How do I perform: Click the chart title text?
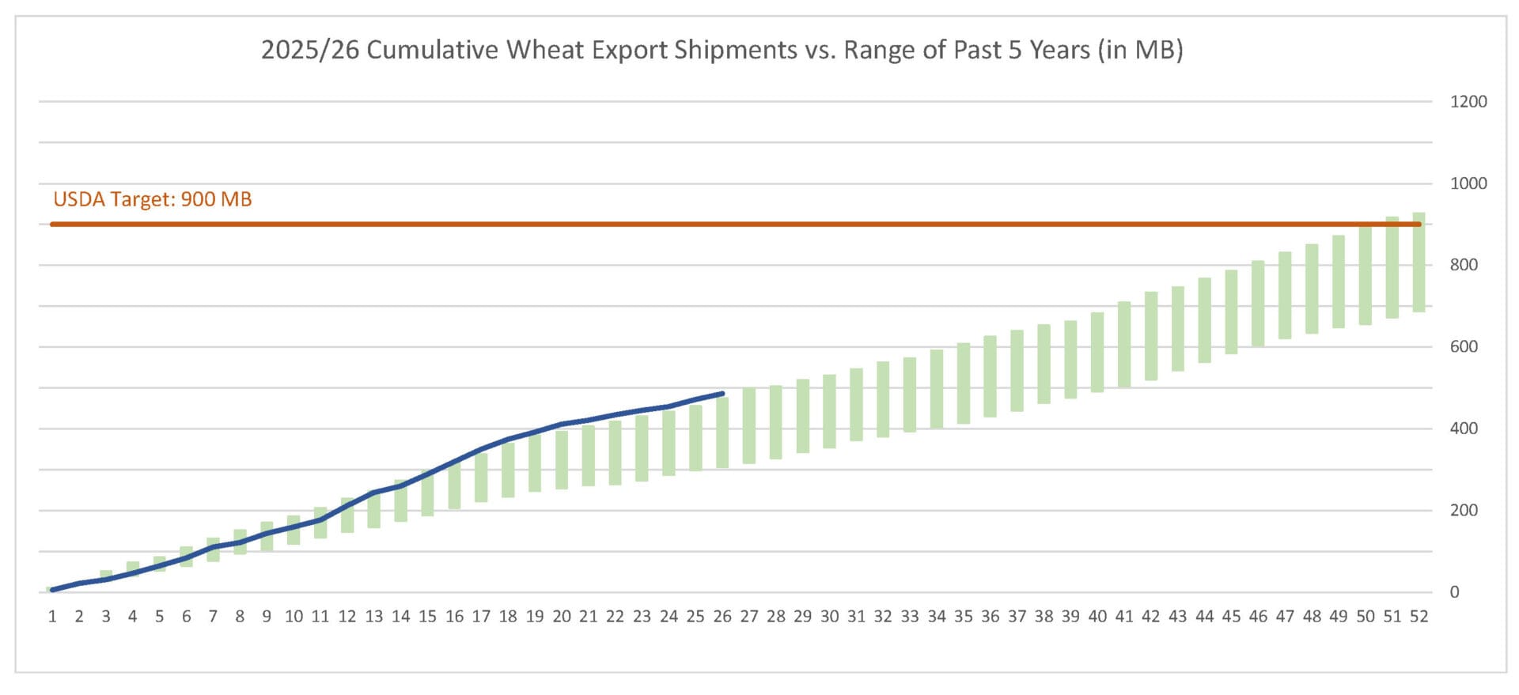[x=722, y=50]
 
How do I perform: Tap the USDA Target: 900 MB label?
[x=153, y=199]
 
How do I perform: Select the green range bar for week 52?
[x=1419, y=263]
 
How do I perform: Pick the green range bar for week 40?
[x=1097, y=352]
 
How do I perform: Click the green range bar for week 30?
[x=829, y=411]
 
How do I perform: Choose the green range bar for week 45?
[x=1231, y=312]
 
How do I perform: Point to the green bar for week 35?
[x=963, y=383]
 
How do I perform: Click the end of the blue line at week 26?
[x=722, y=393]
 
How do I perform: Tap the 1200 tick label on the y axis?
[x=1468, y=101]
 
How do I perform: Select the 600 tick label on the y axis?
[x=1464, y=346]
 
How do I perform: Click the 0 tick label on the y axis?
[x=1454, y=592]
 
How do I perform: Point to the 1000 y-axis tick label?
[x=1468, y=183]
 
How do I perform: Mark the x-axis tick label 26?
[x=722, y=617]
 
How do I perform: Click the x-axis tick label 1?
[x=52, y=617]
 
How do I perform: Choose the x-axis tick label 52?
[x=1419, y=617]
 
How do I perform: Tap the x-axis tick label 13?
[x=373, y=617]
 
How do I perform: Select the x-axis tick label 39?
[x=1070, y=617]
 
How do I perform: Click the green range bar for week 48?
[x=1312, y=289]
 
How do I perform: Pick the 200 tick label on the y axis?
[x=1464, y=510]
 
